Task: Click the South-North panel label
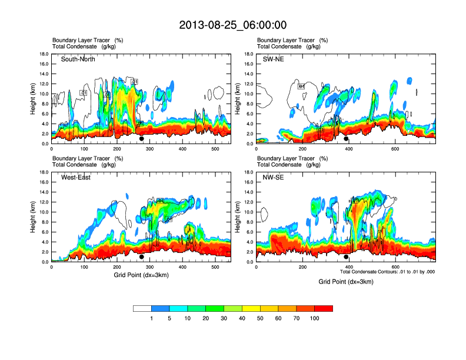tap(78, 59)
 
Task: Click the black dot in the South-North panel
tap(141, 139)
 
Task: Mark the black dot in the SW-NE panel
tap(346, 139)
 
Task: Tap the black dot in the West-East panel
tap(141, 257)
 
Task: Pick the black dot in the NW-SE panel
tap(346, 257)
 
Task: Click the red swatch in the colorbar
tap(324, 308)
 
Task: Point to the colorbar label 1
tap(151, 318)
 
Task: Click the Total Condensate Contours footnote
tap(387, 272)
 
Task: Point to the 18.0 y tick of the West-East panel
tap(44, 172)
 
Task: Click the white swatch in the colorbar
tap(142, 308)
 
